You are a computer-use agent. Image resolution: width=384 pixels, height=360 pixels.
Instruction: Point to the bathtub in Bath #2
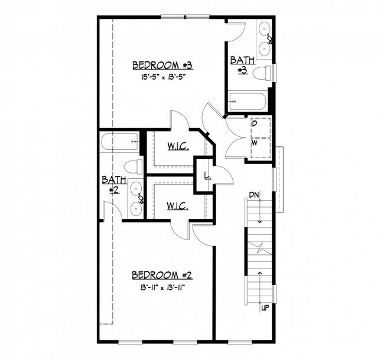119,142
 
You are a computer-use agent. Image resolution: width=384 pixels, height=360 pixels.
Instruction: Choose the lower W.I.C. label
178,206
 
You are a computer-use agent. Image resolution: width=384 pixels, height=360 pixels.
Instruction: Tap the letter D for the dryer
255,124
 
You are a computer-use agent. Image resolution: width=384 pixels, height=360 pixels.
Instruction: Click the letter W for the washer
255,143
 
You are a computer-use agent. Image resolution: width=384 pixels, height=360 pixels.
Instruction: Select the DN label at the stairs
254,195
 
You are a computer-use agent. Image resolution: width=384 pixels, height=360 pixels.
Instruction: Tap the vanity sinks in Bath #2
137,198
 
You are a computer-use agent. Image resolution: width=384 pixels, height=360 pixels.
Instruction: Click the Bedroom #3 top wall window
185,16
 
